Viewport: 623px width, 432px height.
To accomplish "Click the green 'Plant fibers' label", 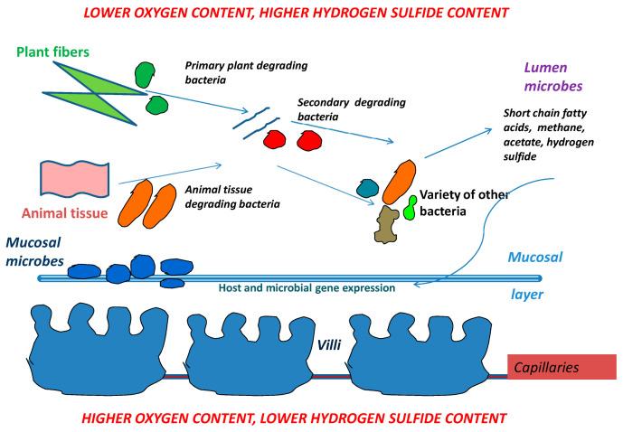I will (52, 52).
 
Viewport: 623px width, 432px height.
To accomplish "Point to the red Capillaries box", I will (562, 367).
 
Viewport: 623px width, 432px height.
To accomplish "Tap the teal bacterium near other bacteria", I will (367, 188).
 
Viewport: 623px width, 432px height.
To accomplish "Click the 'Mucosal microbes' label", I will (44, 250).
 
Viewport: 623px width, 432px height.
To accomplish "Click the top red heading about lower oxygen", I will (310, 13).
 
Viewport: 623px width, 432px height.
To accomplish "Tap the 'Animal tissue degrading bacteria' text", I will (231, 197).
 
